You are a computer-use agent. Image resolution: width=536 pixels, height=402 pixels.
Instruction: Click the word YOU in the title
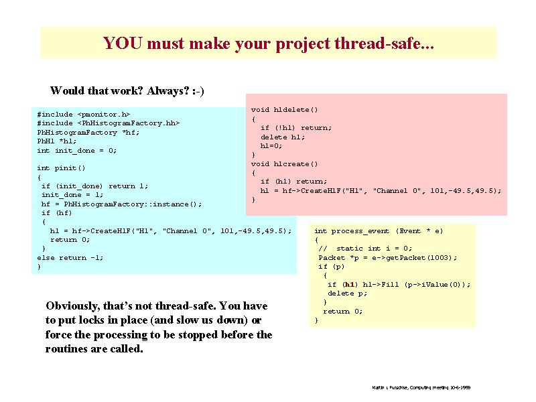click(x=123, y=43)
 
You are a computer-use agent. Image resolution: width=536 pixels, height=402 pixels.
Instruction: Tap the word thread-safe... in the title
click(x=384, y=44)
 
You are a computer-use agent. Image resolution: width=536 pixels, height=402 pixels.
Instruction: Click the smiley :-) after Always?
click(x=198, y=91)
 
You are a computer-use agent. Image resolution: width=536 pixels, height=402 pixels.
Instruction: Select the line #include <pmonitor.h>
click(x=84, y=114)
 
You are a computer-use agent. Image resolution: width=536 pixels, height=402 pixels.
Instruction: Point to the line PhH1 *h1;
click(x=57, y=141)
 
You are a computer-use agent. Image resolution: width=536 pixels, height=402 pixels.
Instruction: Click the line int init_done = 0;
click(x=77, y=151)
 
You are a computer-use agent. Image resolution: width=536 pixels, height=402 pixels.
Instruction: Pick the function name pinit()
click(x=70, y=168)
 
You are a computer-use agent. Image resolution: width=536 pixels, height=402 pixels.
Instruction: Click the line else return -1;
click(x=70, y=258)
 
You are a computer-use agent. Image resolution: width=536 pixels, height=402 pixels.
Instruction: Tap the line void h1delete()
click(x=284, y=110)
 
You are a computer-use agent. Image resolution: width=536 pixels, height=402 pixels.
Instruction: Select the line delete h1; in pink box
click(x=282, y=137)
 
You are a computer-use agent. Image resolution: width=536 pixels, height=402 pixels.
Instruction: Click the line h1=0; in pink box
click(x=271, y=146)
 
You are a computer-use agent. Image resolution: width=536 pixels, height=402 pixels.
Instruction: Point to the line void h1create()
click(x=284, y=164)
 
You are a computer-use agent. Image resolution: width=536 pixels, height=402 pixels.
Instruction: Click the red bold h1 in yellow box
click(x=349, y=284)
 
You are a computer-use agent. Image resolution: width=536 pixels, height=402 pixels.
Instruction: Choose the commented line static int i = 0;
click(x=365, y=249)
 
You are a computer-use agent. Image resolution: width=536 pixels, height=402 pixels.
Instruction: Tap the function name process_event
click(x=360, y=231)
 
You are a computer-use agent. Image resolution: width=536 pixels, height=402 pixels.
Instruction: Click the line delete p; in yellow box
click(x=347, y=293)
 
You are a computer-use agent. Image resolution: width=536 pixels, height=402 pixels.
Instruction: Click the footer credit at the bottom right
click(x=421, y=388)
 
